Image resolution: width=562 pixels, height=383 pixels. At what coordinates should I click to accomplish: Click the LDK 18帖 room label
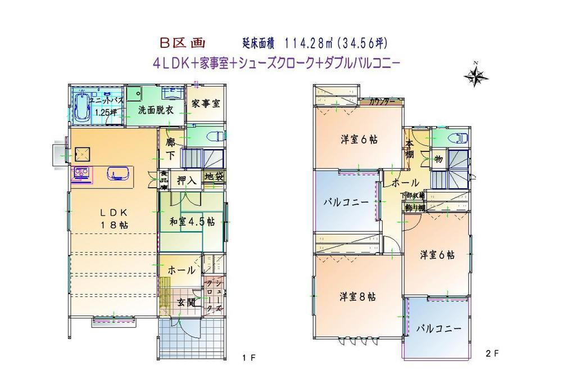coord(115,218)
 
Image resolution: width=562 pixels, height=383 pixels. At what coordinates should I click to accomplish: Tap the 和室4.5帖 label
coord(192,222)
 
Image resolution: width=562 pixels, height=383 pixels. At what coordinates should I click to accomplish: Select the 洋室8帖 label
coord(357,296)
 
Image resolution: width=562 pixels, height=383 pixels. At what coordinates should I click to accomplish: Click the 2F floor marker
coord(492,353)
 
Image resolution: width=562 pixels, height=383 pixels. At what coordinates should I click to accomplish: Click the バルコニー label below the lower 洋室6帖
coord(438,328)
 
